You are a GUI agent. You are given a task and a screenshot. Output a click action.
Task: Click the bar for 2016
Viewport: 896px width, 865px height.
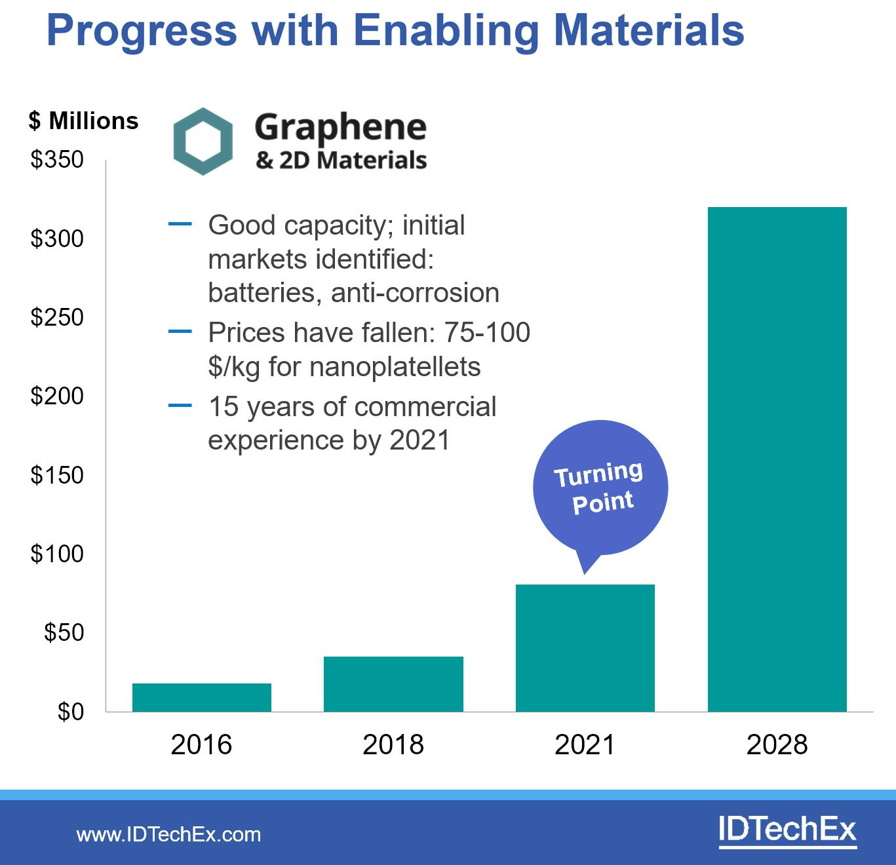[x=202, y=697]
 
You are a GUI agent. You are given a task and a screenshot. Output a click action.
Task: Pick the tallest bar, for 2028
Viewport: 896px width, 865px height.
[x=777, y=459]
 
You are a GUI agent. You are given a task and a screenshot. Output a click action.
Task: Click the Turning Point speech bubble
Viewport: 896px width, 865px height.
[x=600, y=489]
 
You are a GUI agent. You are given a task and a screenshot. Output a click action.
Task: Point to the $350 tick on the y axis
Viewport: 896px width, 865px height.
[x=57, y=160]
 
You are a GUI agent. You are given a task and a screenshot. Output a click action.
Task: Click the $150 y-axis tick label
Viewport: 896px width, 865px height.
[x=57, y=475]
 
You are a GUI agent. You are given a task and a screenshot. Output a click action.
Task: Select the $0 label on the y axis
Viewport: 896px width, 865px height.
[x=70, y=712]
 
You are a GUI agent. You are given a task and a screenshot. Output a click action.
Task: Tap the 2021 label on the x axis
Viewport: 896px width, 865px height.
[x=585, y=745]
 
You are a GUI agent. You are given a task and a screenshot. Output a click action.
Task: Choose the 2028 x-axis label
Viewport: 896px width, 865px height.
[x=777, y=745]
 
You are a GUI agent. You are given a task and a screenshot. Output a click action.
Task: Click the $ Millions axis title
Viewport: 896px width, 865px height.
[x=84, y=121]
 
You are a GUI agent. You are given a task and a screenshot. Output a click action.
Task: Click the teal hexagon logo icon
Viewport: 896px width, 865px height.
[x=203, y=141]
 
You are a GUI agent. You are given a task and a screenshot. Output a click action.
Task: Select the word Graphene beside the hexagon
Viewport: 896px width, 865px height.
[x=340, y=128]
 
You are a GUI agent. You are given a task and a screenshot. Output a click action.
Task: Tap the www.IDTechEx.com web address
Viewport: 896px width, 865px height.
[x=168, y=834]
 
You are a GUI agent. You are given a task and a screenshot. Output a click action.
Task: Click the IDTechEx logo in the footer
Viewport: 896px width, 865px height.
[x=787, y=830]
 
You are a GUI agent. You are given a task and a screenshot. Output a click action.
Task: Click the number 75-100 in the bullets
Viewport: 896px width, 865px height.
[x=487, y=333]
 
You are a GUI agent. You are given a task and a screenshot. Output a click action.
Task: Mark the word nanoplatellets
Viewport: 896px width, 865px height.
[x=395, y=367]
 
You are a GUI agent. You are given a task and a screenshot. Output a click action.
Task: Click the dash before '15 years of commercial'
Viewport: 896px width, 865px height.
[x=180, y=406]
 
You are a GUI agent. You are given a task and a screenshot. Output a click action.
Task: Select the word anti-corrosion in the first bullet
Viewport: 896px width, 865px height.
[x=415, y=293]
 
